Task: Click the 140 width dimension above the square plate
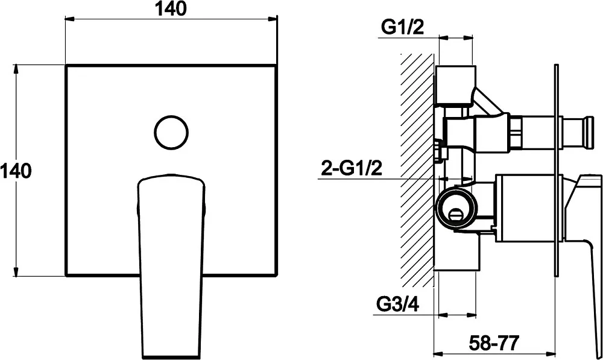pyautogui.click(x=171, y=9)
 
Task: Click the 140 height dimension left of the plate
pyautogui.click(x=16, y=171)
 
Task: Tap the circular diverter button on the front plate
pyautogui.click(x=171, y=132)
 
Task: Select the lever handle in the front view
pyautogui.click(x=171, y=265)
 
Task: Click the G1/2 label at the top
pyautogui.click(x=402, y=27)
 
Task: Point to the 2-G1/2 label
pyautogui.click(x=352, y=168)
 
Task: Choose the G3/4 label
pyautogui.click(x=397, y=305)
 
